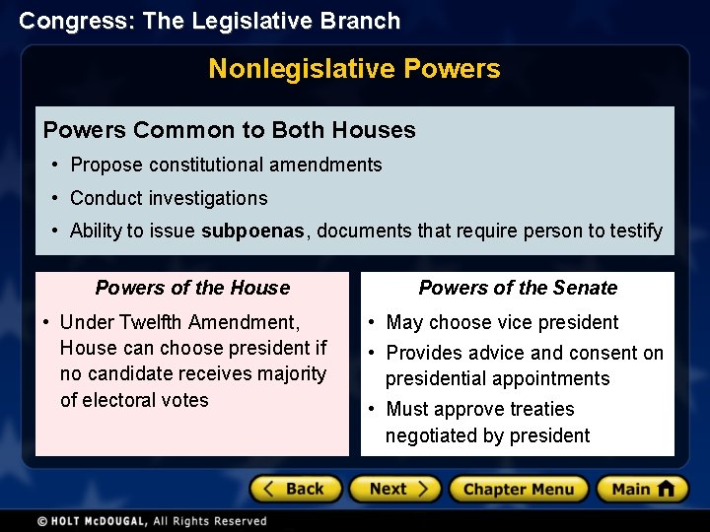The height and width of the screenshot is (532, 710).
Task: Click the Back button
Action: click(x=295, y=489)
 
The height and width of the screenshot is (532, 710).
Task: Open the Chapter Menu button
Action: click(x=518, y=489)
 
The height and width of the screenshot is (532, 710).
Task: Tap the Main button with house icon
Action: click(x=642, y=489)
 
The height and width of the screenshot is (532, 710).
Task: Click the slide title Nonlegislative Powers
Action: click(x=354, y=69)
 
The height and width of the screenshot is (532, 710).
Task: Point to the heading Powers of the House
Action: click(x=192, y=288)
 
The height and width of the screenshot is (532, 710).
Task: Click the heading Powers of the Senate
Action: click(x=518, y=288)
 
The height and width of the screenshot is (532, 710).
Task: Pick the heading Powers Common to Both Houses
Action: click(x=230, y=130)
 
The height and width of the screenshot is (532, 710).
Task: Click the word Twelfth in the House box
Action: click(x=151, y=322)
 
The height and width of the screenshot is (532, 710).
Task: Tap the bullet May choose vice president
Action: click(x=502, y=322)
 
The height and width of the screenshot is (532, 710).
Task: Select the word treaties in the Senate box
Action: click(x=540, y=409)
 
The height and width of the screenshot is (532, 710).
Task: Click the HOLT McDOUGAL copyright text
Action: click(x=152, y=521)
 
